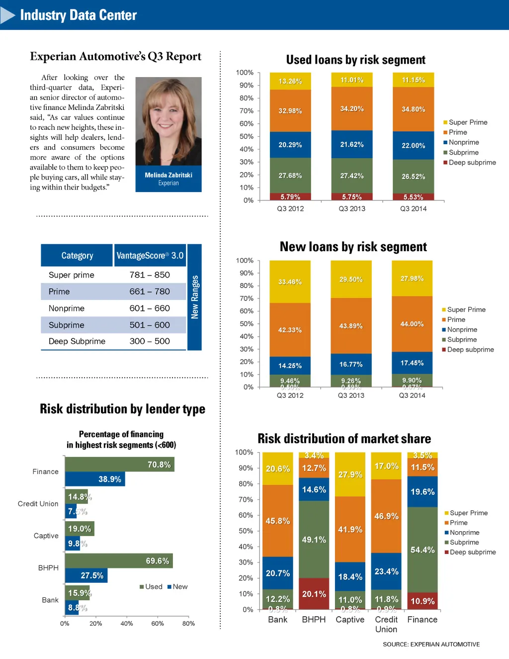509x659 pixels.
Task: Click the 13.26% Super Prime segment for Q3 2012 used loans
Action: [290, 81]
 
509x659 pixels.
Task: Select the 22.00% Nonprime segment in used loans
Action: [413, 145]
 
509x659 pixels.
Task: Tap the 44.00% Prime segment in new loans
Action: [412, 324]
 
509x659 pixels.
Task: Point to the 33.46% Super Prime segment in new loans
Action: [290, 282]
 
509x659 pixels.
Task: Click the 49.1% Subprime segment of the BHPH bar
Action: [314, 539]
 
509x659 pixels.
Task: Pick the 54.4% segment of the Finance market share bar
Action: [423, 550]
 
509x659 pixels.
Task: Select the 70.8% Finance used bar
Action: [120, 465]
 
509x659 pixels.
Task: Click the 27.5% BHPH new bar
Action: [86, 575]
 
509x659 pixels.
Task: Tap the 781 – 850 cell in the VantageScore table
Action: [150, 275]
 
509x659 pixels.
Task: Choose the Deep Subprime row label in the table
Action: [77, 341]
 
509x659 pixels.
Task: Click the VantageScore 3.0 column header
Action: [150, 256]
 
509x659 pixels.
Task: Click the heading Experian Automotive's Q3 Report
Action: [115, 56]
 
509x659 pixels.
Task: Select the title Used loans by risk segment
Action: [355, 60]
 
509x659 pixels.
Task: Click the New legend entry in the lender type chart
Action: [177, 587]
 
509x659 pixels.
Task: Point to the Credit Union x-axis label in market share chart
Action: [386, 624]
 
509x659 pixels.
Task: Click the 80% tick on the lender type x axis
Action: [188, 624]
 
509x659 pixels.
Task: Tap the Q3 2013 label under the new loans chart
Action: [351, 395]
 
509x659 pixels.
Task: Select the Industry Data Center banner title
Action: [78, 15]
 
